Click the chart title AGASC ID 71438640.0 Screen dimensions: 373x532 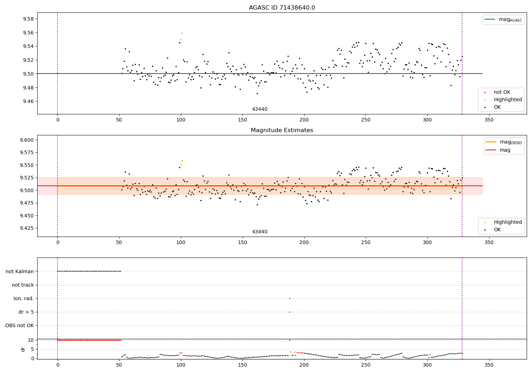point(282,8)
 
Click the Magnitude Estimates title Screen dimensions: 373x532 point(282,130)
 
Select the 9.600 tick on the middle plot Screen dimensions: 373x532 point(27,140)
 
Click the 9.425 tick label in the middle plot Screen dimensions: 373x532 point(27,228)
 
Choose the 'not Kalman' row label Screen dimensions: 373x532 point(20,271)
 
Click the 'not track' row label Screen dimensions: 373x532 point(23,285)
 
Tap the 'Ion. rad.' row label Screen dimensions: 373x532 point(24,298)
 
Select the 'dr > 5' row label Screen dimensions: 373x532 point(26,312)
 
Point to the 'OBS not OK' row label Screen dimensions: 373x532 point(20,325)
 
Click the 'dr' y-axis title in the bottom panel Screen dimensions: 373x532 point(23,349)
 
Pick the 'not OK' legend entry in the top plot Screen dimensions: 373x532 point(502,92)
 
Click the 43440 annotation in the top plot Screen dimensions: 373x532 point(260,109)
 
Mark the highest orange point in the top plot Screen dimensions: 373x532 point(182,33)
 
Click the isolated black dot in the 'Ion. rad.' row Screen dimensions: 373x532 point(289,298)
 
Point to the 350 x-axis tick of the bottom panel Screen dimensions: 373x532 point(489,365)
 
